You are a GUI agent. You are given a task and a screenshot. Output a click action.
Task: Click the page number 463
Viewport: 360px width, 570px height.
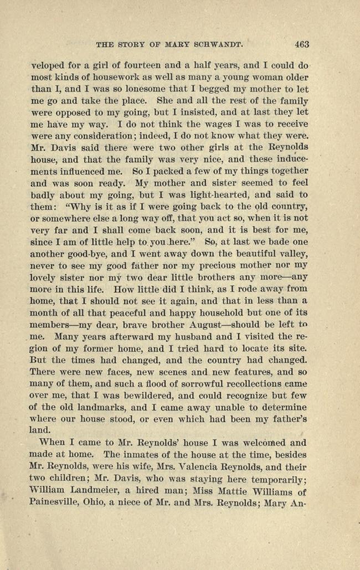coord(302,44)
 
